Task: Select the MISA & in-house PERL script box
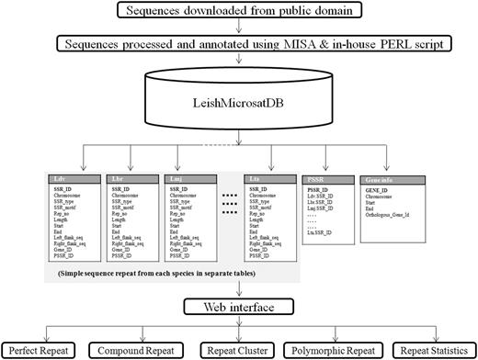(240, 44)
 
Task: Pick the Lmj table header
(188, 178)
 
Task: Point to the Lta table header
(273, 178)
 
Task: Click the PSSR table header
(331, 178)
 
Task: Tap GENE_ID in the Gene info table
(379, 190)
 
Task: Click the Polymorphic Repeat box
(334, 348)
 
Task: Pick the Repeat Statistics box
(430, 348)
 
